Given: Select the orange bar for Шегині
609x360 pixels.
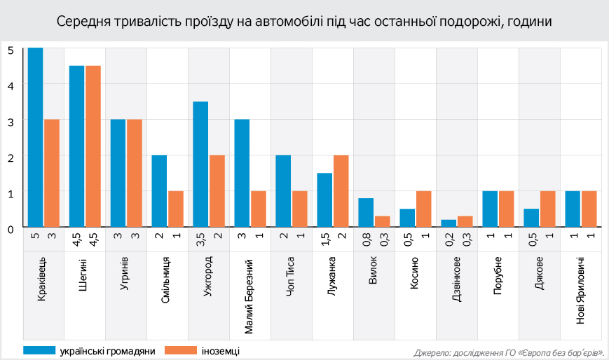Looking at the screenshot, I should (93, 146).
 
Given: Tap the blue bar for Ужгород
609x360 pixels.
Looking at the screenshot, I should (200, 165).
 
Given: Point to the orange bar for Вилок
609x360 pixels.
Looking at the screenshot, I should (383, 221).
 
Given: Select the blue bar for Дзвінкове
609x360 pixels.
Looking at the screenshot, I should (449, 223).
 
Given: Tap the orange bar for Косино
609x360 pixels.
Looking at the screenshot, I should (424, 209).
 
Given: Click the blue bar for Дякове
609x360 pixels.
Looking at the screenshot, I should (531, 218).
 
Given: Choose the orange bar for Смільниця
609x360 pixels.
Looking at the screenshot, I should (176, 209).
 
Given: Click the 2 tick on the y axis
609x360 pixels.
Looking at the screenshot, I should (11, 157).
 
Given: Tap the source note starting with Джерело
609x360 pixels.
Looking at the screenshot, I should (509, 352).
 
